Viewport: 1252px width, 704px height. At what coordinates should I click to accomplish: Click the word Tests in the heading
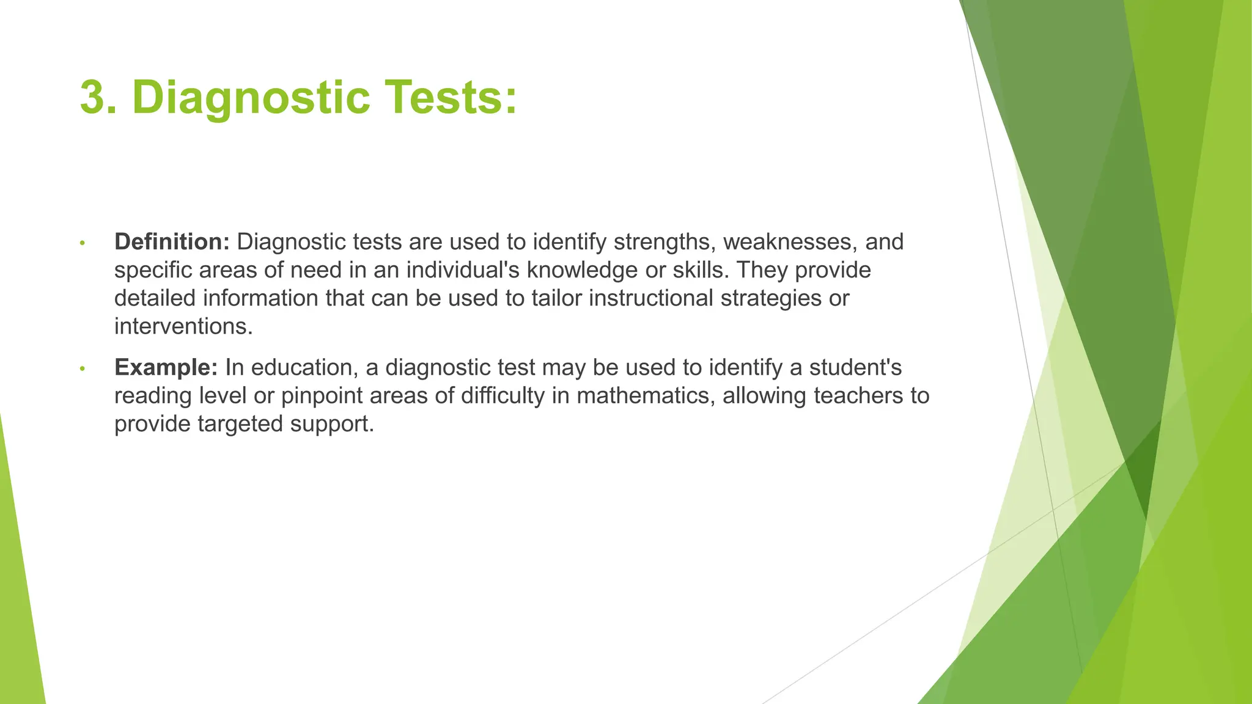(449, 98)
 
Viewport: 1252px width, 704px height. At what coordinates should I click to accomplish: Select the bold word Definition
(172, 242)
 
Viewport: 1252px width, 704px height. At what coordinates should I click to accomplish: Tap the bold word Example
(166, 367)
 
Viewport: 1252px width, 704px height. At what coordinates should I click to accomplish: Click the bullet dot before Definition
(82, 243)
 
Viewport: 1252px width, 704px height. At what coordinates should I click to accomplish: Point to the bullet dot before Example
(82, 369)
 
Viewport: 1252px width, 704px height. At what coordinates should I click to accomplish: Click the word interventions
(183, 326)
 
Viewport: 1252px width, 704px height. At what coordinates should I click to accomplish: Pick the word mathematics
(646, 395)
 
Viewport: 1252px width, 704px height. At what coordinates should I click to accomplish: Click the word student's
(855, 367)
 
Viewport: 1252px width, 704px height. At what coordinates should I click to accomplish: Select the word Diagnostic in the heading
(251, 98)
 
